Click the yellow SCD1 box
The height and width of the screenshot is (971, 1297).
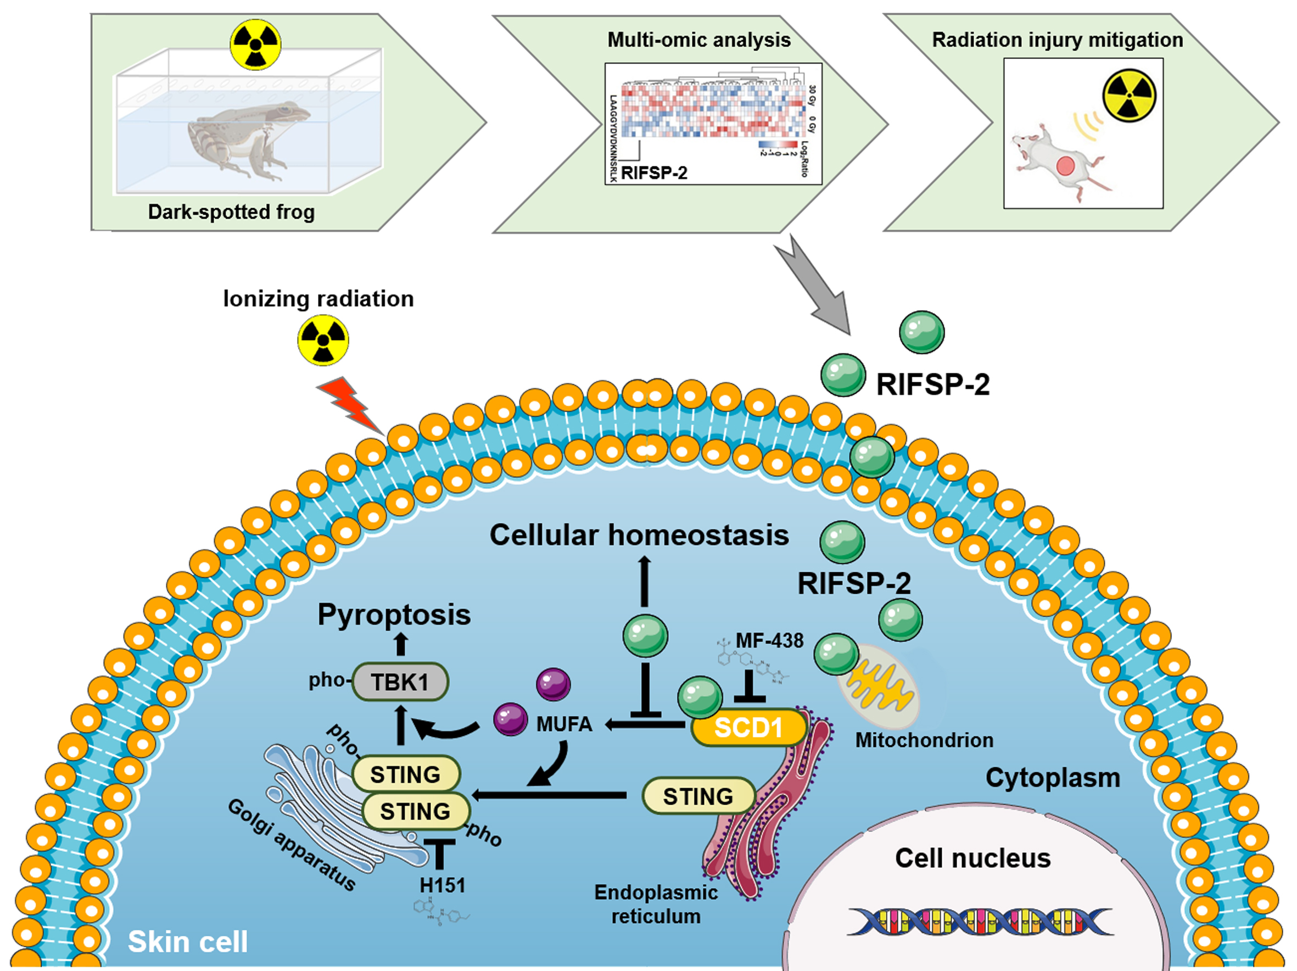coord(749,728)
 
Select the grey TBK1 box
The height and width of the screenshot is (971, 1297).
coord(400,682)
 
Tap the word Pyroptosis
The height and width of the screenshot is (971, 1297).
coord(394,615)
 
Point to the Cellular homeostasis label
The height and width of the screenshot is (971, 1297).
coord(639,535)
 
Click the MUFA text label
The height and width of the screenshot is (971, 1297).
coord(564,724)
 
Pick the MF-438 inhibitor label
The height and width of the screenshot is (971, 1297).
coord(769,640)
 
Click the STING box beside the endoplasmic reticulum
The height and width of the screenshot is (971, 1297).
coord(698,796)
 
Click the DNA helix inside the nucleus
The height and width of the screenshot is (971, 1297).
coord(979,921)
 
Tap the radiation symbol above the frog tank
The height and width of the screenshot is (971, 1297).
coord(255,44)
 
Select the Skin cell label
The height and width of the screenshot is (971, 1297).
coord(188,942)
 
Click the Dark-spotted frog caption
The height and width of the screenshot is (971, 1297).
coord(231,211)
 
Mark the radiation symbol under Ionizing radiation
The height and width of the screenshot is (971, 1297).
coord(323,340)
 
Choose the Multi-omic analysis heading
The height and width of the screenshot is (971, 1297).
coord(699,40)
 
